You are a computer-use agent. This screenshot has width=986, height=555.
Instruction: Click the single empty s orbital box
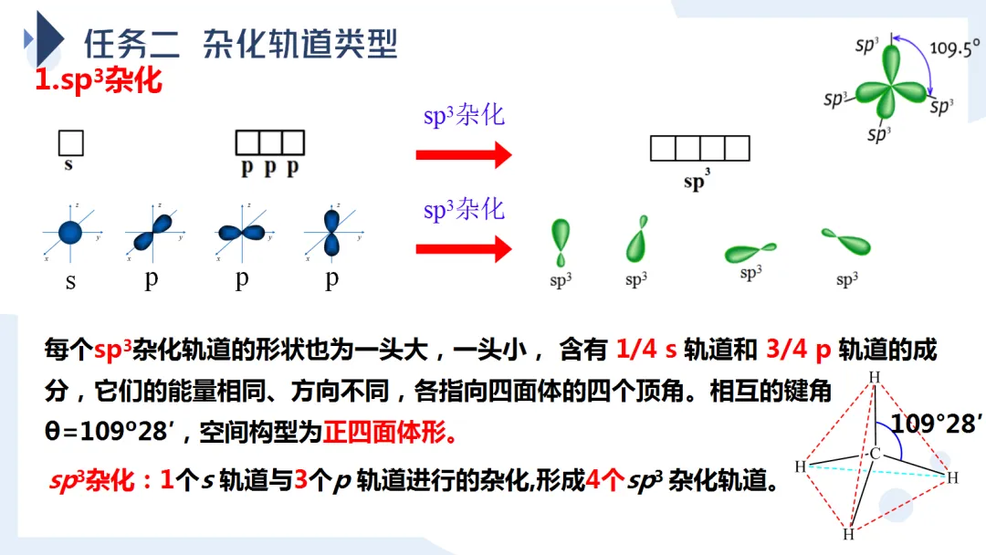pos(71,143)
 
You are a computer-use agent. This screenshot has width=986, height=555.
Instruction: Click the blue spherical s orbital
pos(70,232)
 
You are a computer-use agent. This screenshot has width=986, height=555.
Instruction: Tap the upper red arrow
pos(463,154)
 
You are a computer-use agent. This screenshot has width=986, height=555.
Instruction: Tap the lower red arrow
pos(463,248)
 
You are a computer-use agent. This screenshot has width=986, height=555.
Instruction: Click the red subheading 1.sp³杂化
pos(98,80)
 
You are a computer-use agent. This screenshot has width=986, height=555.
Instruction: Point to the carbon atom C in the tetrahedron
pos(875,454)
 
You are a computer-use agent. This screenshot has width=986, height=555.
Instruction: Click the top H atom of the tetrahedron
pos(874,377)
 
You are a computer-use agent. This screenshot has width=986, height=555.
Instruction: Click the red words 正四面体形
pos(389,431)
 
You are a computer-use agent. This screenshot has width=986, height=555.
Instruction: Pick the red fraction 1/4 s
pos(646,349)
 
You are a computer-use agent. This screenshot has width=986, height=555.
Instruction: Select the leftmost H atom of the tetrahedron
pos(800,467)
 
